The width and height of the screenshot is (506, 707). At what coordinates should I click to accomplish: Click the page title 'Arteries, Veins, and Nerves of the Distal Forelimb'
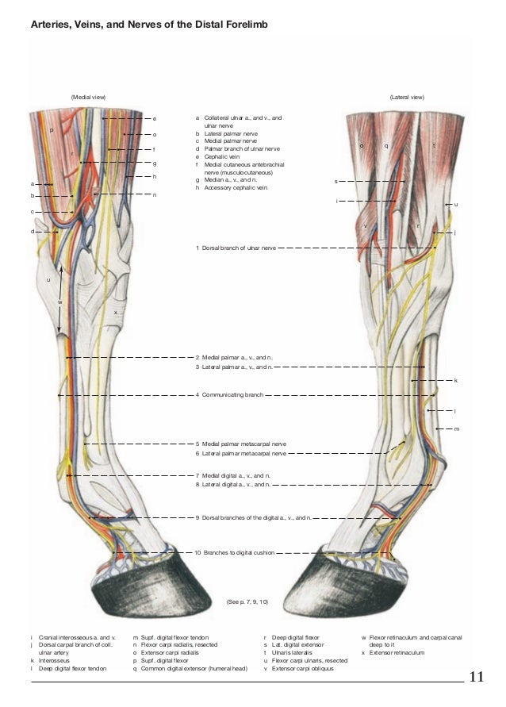tap(149, 26)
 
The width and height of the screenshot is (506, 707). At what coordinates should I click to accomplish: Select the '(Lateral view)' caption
tap(407, 97)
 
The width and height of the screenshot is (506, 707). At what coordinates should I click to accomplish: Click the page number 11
tap(477, 677)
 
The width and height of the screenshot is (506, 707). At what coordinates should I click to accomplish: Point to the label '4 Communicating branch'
tap(232, 394)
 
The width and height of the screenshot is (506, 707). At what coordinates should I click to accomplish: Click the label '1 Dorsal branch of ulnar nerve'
tap(236, 248)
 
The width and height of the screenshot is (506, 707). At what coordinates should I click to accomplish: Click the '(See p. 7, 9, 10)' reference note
tap(247, 603)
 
